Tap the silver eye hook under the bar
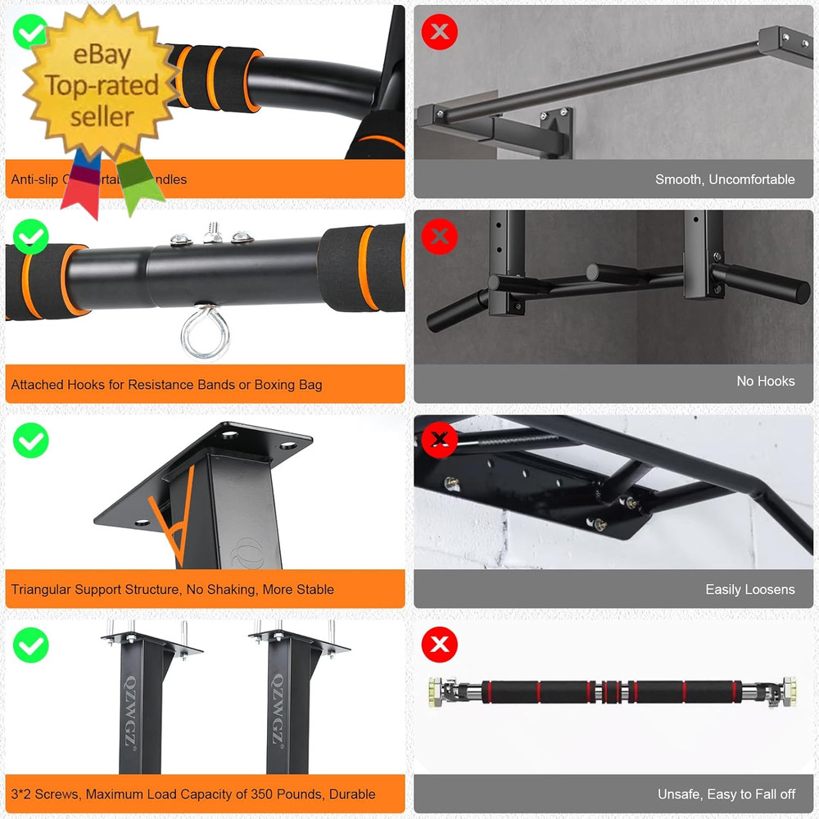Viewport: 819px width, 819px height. point(199,335)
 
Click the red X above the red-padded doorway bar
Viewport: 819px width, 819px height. point(440,645)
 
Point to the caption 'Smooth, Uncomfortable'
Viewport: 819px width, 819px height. point(725,179)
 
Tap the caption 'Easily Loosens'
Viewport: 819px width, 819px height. point(749,589)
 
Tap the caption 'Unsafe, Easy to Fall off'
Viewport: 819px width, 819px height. point(726,794)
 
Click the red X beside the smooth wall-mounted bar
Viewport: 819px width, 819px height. point(440,32)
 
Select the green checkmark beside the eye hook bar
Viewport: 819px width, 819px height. point(31,237)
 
